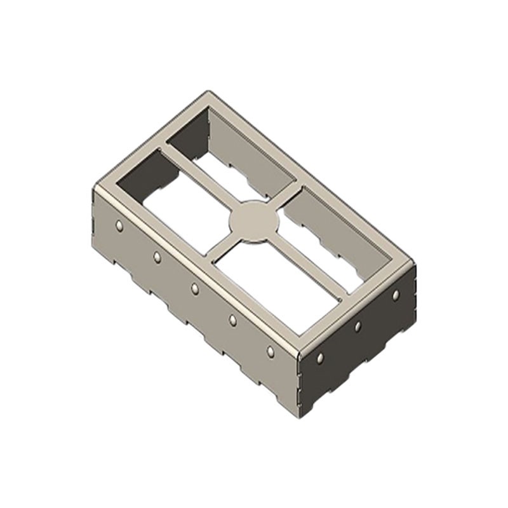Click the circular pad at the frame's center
[253, 222]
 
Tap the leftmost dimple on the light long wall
[119, 225]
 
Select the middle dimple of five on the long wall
[195, 288]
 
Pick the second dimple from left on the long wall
[157, 257]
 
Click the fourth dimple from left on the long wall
[232, 319]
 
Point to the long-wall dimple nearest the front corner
[271, 351]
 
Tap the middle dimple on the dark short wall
[358, 326]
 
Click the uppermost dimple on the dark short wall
[396, 295]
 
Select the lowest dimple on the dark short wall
[320, 358]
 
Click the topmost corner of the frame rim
[210, 93]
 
